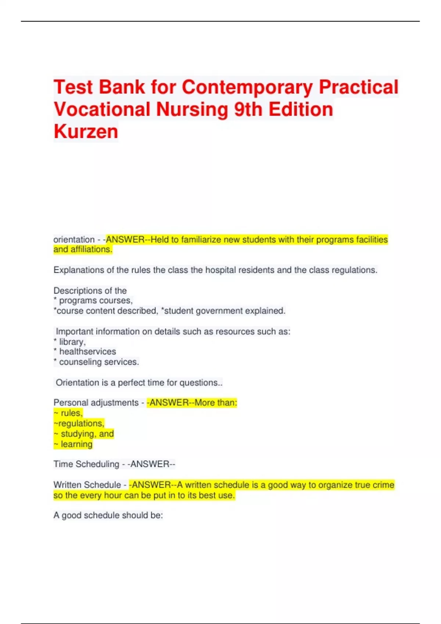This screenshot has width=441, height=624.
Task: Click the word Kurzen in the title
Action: pyautogui.click(x=86, y=131)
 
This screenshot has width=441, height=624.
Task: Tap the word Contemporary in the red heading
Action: pyautogui.click(x=247, y=87)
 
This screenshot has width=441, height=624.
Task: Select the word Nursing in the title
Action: pyautogui.click(x=192, y=109)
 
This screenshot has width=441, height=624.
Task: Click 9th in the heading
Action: pyautogui.click(x=248, y=109)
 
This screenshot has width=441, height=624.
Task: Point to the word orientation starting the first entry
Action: pyautogui.click(x=74, y=240)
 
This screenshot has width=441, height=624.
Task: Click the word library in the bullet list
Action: pyautogui.click(x=72, y=342)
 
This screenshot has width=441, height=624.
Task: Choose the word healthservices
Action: pyautogui.click(x=87, y=352)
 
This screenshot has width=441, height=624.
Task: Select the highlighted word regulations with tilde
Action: pyautogui.click(x=81, y=424)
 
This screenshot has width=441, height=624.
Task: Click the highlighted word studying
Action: pyautogui.click(x=78, y=434)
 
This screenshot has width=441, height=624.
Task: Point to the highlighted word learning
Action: pyautogui.click(x=76, y=444)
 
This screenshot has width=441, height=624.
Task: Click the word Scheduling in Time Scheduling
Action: pyautogui.click(x=97, y=464)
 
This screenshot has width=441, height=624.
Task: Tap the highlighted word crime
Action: pyautogui.click(x=383, y=485)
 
